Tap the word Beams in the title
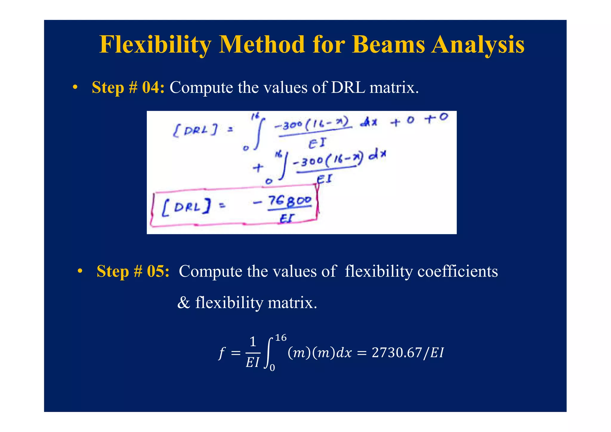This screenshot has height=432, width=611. point(388,45)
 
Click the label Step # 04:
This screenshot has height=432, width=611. point(128,87)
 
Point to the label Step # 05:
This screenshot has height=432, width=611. point(133,271)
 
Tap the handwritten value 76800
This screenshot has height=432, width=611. point(289,201)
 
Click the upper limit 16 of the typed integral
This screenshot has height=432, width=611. point(280,338)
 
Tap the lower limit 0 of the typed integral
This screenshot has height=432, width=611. point(272,368)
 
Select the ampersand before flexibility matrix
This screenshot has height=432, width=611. point(183,303)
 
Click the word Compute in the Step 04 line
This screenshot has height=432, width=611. point(201,87)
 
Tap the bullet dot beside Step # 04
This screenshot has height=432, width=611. point(75,88)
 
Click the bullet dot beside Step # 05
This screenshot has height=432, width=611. point(80,271)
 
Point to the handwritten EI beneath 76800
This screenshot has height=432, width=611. point(287,219)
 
